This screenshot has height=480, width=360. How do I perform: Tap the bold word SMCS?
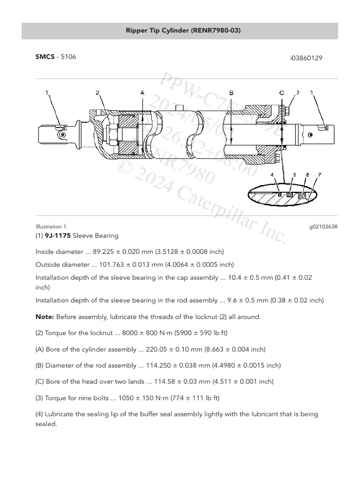(x=45, y=57)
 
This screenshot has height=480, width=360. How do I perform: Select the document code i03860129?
(x=306, y=58)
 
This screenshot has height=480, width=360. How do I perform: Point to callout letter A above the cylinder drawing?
(x=142, y=93)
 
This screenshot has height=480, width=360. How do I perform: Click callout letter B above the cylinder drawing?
(x=232, y=93)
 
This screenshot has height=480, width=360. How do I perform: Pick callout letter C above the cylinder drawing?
(x=282, y=93)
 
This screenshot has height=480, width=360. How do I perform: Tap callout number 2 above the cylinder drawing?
(x=97, y=93)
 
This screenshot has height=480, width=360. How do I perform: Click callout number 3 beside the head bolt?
(x=297, y=92)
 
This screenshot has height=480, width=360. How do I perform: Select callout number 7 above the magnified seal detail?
(x=319, y=175)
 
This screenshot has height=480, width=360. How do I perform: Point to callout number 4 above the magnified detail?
(x=272, y=175)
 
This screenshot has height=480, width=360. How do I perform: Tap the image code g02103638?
(x=323, y=226)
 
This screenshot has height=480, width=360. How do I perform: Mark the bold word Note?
(x=45, y=317)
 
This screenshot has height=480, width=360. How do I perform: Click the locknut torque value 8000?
(x=131, y=333)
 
